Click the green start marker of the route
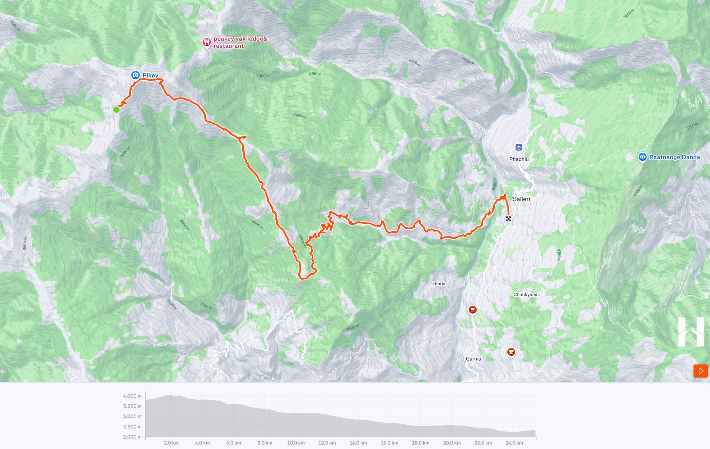pos(116,110)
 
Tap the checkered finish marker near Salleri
pos(508,219)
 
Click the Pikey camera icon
pos(135,75)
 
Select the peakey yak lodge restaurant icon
pos(206,42)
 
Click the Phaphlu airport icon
pos(519,147)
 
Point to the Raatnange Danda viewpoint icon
pos(642,157)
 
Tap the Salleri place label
pos(521,199)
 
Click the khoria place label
pos(439,284)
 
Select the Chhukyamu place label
pos(526,295)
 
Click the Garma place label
pos(473,359)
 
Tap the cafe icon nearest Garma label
pos(511,352)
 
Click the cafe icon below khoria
pos(472,310)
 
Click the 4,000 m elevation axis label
pos(132,396)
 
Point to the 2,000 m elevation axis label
pos(132,437)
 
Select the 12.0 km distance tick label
pos(327,443)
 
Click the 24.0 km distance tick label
pos(514,443)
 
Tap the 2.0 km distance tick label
pos(171,443)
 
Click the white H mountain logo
pos(691,331)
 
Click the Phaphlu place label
pos(519,159)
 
